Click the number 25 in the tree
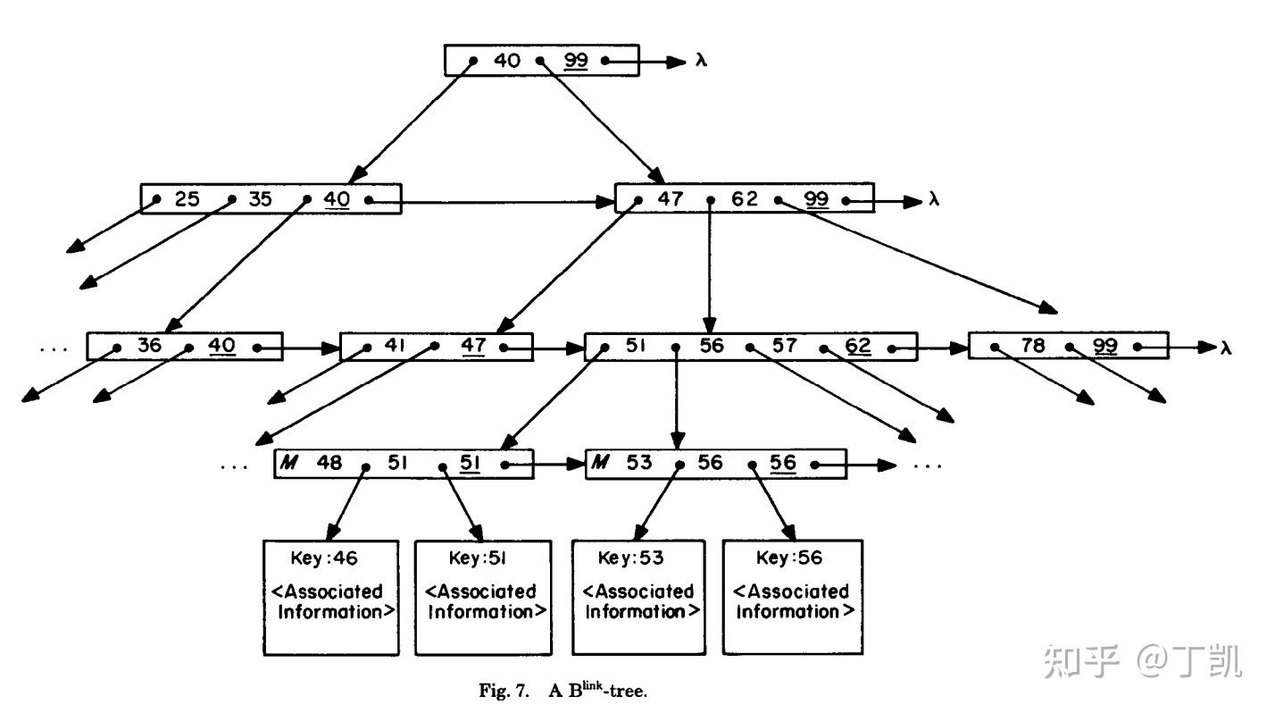pos(187,199)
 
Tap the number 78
pos(1032,346)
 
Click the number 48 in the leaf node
pos(329,464)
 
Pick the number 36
pos(149,346)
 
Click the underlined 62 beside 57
pos(857,346)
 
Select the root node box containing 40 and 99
pos(541,60)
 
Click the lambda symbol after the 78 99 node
pos(1227,348)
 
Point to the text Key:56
pos(789,558)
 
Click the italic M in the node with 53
pos(601,464)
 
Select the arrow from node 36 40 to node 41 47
pos(300,348)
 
